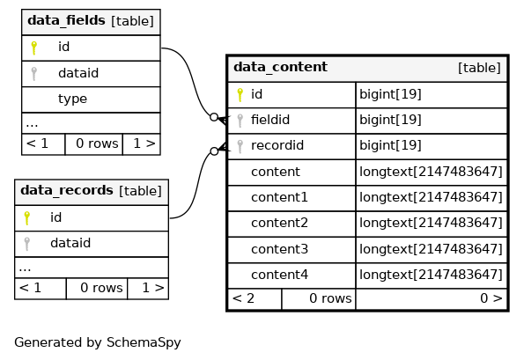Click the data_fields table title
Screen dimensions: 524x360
point(66,20)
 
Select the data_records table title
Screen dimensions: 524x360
point(67,190)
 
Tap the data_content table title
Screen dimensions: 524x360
point(280,67)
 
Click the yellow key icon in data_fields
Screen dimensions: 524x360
point(33,48)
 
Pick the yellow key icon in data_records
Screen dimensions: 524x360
point(27,218)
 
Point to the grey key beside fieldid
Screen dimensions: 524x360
point(240,121)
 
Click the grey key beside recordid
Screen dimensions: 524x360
point(240,146)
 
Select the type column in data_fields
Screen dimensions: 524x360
point(72,99)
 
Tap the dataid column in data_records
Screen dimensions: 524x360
point(70,243)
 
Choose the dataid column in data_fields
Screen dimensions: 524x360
point(78,73)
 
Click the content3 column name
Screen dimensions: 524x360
point(279,249)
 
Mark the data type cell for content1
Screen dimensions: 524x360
point(432,197)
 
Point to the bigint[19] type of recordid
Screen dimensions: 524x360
point(390,145)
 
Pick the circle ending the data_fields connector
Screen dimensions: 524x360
point(214,117)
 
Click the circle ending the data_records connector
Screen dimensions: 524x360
point(214,151)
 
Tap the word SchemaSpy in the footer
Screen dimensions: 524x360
point(144,343)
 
